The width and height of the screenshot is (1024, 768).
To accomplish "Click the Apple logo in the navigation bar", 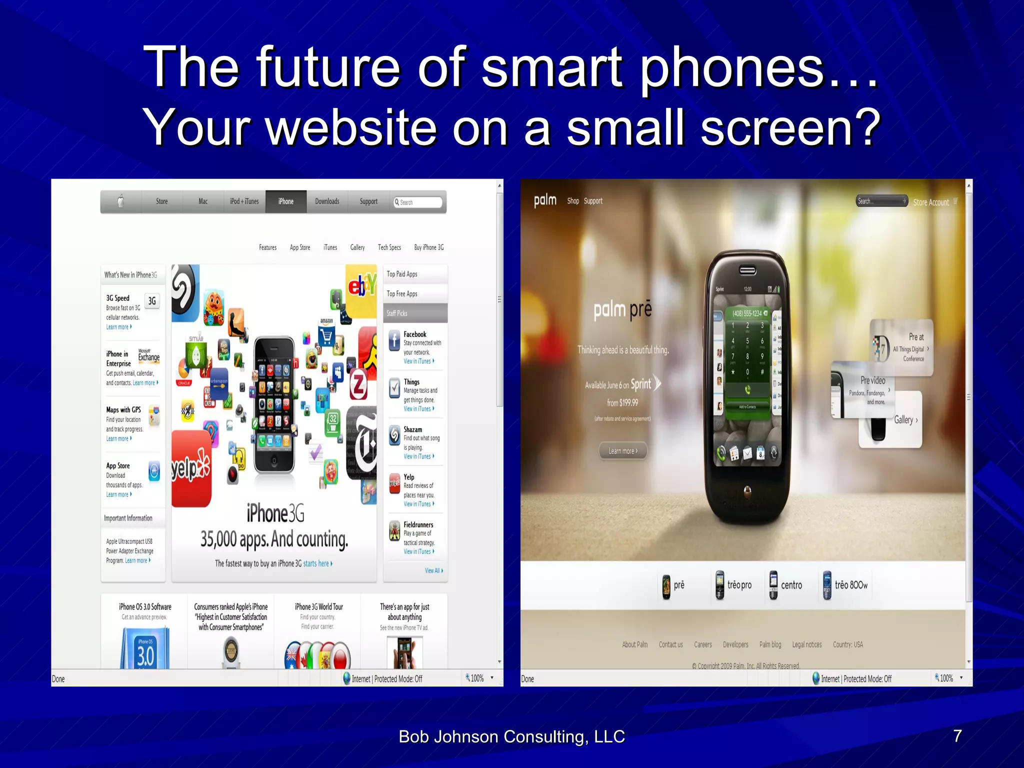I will tap(120, 201).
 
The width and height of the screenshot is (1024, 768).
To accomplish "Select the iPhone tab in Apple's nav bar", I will tap(286, 201).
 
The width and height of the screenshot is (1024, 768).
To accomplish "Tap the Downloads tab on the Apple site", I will tap(327, 201).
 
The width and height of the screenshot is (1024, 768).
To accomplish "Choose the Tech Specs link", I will tap(389, 247).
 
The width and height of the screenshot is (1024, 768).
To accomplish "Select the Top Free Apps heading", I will tap(402, 294).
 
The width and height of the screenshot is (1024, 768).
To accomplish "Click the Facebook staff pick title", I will tap(415, 334).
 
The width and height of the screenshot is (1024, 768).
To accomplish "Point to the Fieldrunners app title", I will tap(418, 524).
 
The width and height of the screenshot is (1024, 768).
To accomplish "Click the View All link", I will tap(433, 570).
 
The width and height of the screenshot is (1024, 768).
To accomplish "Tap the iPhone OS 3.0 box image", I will tap(145, 649).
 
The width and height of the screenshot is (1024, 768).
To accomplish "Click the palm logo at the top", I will tap(545, 200).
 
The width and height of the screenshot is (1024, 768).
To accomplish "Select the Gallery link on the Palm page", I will tap(905, 420).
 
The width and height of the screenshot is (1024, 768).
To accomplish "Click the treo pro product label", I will tap(739, 585).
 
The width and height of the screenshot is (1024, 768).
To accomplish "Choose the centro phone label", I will tap(791, 585).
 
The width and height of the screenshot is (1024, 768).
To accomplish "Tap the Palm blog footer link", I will tap(770, 644).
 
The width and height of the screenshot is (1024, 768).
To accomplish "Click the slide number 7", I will tap(957, 736).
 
